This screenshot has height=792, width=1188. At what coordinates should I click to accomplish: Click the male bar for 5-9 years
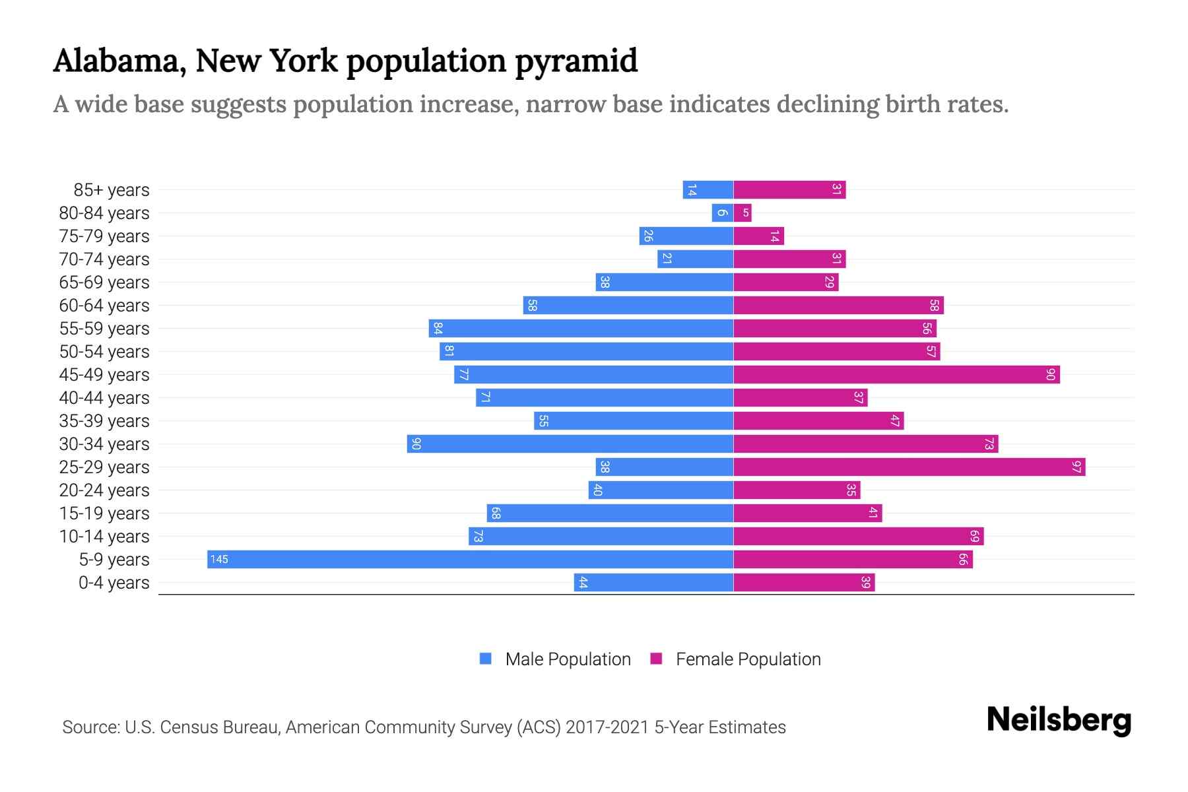coord(470,559)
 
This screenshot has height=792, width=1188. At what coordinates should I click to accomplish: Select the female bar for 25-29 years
coord(909,467)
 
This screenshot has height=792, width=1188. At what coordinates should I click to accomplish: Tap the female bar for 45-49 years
coord(896,374)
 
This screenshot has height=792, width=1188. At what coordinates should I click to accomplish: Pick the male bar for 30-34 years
coord(570,444)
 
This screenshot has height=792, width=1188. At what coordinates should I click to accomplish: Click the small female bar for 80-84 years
coord(742,213)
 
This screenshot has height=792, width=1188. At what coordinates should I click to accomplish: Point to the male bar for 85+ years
coord(708,189)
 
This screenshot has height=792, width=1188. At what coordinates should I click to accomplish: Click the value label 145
coord(219,559)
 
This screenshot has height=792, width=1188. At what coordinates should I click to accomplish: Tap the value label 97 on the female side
coord(1076,467)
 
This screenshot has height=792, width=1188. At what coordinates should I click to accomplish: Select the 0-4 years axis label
coord(114,583)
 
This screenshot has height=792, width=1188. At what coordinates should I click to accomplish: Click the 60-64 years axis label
coord(104,306)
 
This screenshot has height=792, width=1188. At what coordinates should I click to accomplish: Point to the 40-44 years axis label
coord(104,398)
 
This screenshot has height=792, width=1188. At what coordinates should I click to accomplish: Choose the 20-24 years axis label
coord(104,490)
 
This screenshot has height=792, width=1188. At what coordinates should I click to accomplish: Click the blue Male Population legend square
coord(486,659)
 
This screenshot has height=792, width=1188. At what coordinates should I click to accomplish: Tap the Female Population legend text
coord(748,659)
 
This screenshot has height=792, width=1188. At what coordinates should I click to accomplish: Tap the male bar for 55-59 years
coord(581,328)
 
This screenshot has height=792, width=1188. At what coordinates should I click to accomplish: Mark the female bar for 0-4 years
coord(804,582)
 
